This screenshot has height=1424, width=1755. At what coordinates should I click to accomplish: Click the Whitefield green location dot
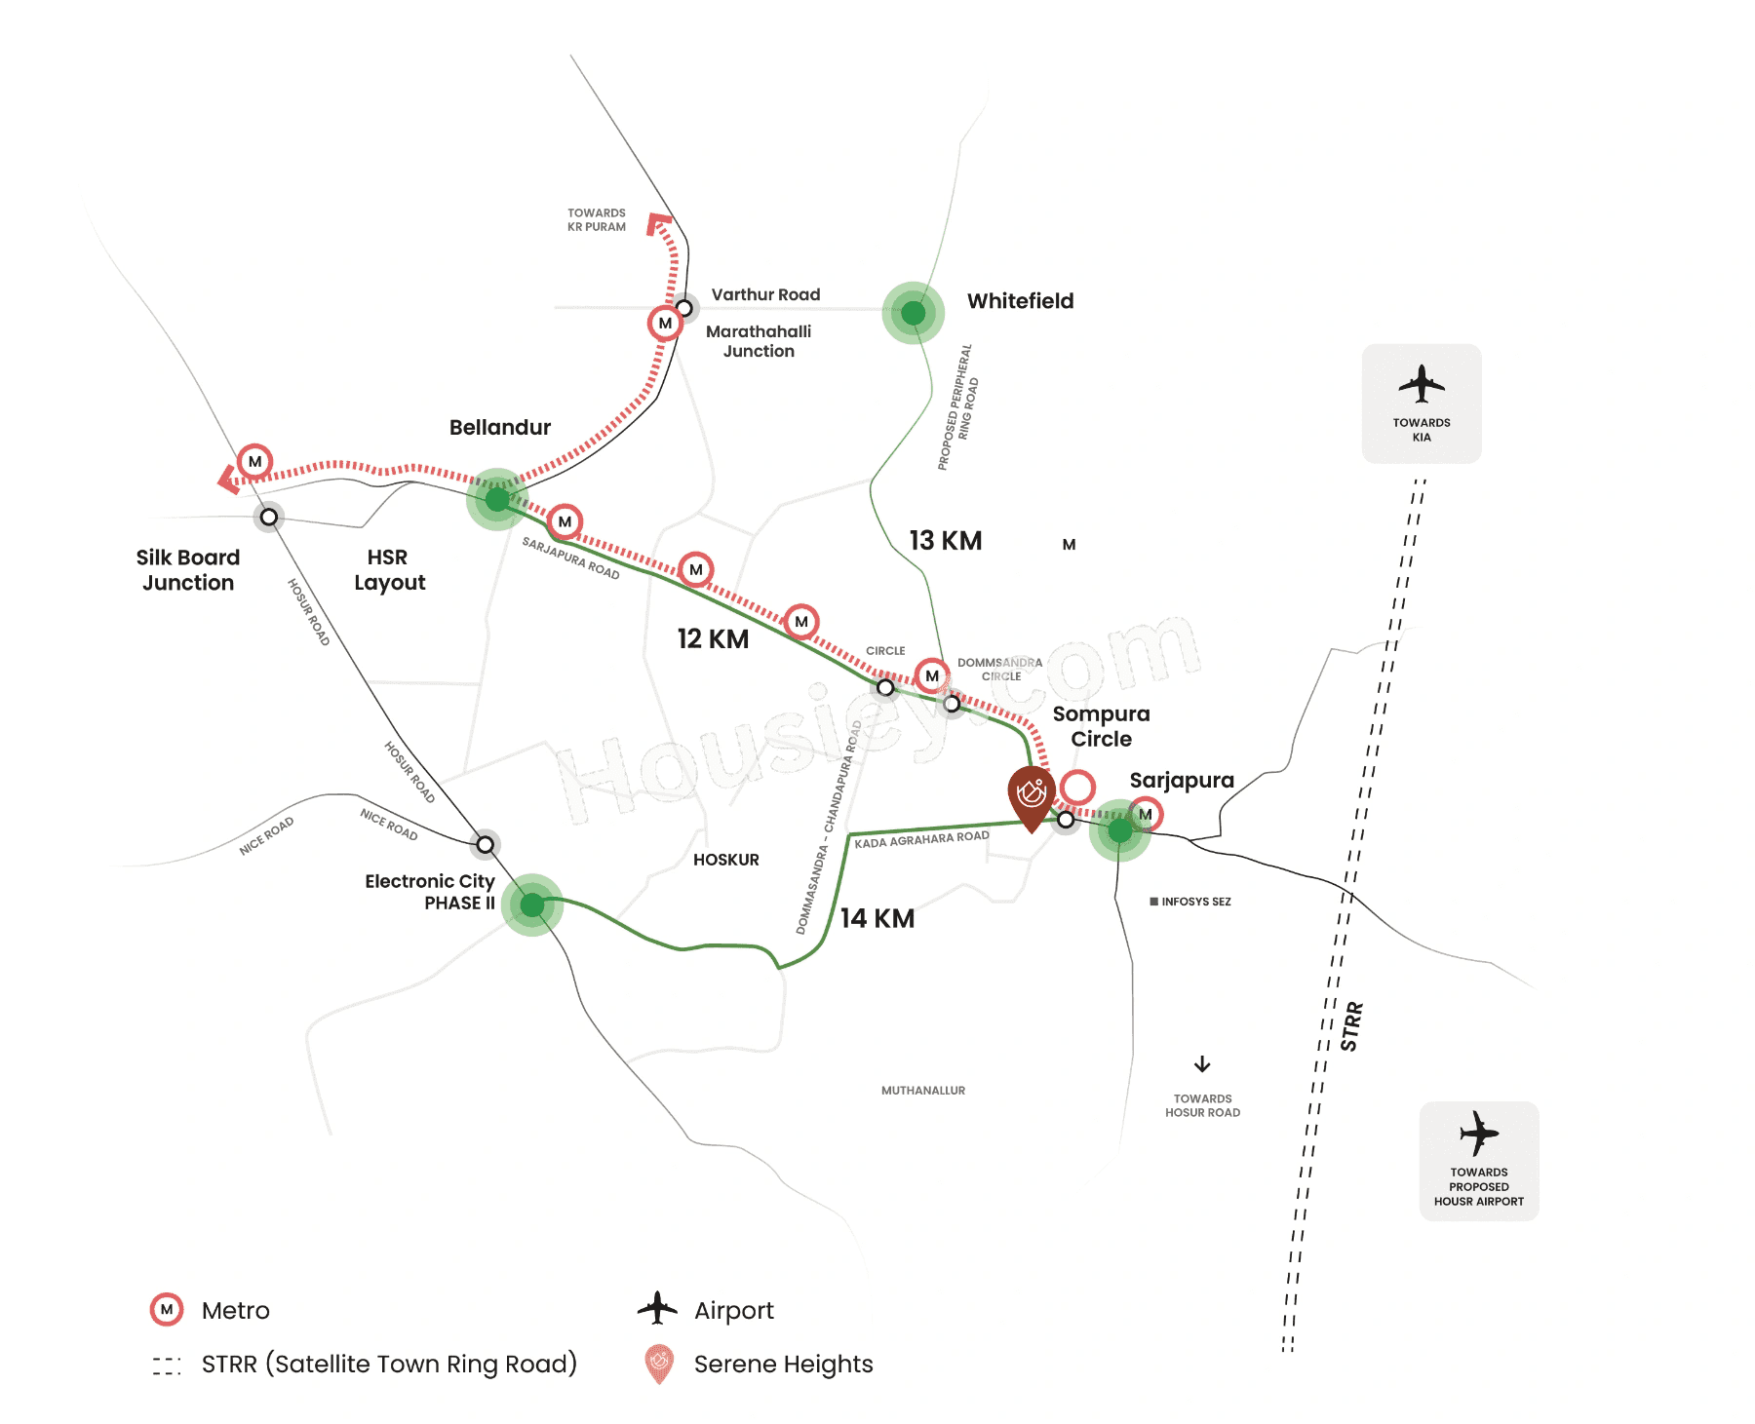(x=913, y=313)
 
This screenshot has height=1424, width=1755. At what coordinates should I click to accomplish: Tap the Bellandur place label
(x=499, y=427)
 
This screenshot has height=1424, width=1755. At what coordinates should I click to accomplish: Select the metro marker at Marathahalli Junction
(x=665, y=323)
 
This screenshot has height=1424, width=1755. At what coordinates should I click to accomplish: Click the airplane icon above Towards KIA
(x=1422, y=383)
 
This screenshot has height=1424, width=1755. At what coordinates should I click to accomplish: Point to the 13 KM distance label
(x=945, y=541)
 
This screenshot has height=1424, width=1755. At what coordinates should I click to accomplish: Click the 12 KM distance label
(x=713, y=639)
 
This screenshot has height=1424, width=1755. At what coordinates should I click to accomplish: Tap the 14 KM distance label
(x=877, y=918)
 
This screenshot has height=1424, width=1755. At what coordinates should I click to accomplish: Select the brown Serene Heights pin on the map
(x=1031, y=795)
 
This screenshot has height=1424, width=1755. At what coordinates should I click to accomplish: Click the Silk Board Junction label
(x=188, y=570)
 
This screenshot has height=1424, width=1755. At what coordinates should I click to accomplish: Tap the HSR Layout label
(x=389, y=570)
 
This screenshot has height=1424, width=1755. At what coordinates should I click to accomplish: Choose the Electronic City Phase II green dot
(x=531, y=905)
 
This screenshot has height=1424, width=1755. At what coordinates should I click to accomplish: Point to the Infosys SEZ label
(x=1190, y=902)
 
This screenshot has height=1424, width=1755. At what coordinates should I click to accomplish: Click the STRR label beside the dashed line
(x=1351, y=1026)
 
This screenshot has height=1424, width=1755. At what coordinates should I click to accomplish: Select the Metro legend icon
(x=167, y=1310)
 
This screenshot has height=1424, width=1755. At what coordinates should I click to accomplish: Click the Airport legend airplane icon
(x=657, y=1308)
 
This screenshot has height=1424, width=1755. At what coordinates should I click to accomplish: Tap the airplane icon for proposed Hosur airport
(x=1479, y=1133)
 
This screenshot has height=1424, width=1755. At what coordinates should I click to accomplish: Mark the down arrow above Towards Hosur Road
(x=1202, y=1063)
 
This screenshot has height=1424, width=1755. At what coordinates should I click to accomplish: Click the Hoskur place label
(x=725, y=860)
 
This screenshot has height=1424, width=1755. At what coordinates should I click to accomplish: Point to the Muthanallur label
(x=922, y=1091)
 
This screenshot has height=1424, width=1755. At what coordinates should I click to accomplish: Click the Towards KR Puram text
(x=597, y=219)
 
